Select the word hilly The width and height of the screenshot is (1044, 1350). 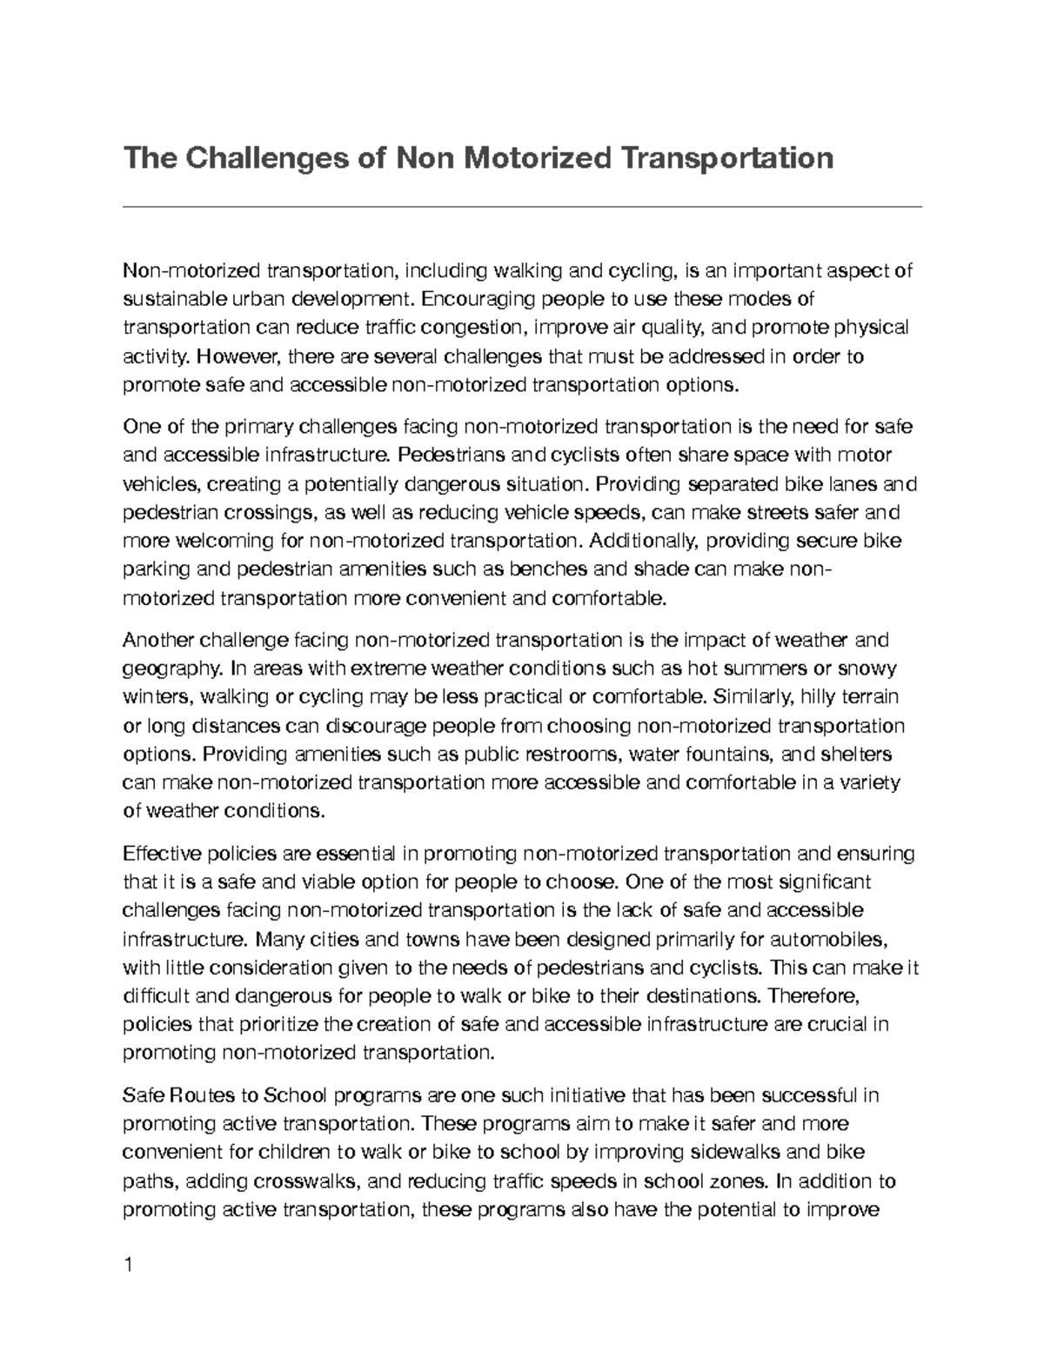click(x=823, y=697)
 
